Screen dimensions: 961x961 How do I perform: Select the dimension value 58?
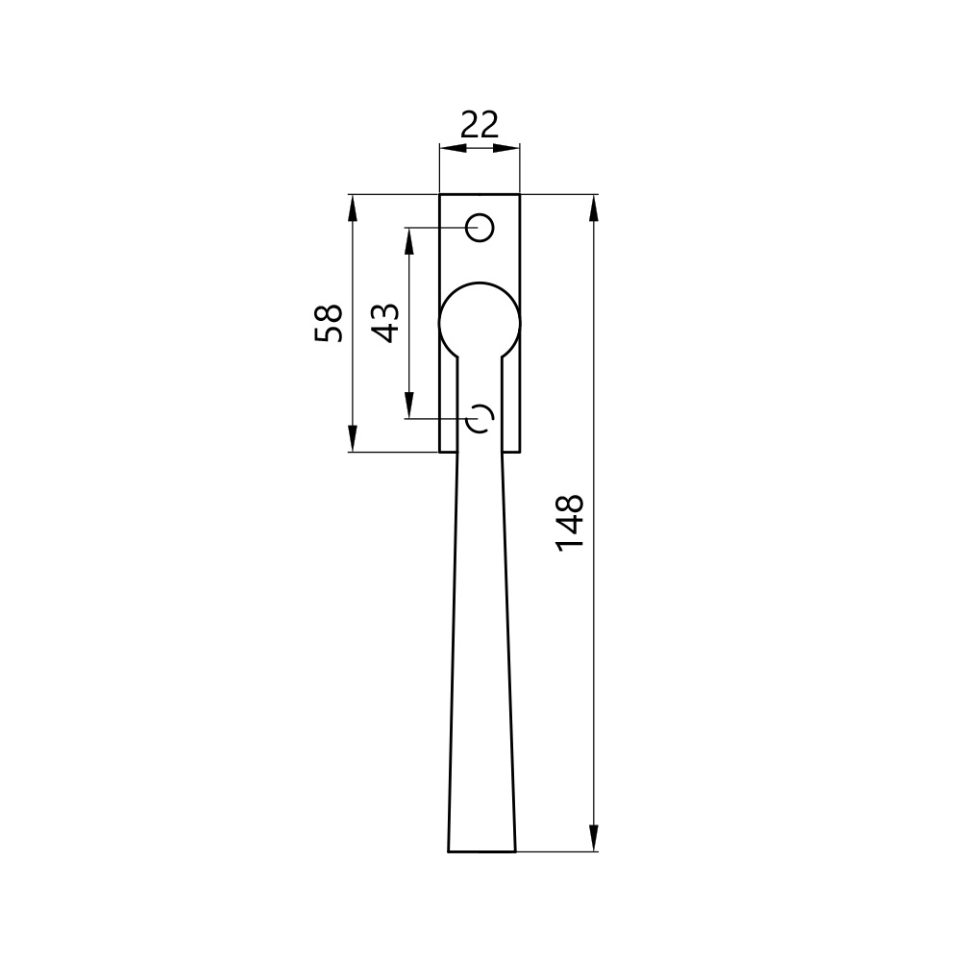click(329, 323)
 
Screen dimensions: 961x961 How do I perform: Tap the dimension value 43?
click(386, 323)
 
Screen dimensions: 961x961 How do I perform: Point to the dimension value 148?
click(569, 522)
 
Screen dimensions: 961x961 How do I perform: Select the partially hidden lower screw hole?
click(488, 419)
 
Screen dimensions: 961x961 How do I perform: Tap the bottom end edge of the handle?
click(481, 851)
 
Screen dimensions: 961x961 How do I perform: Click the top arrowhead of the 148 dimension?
click(593, 209)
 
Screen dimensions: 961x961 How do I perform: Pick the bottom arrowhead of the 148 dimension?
click(593, 838)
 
